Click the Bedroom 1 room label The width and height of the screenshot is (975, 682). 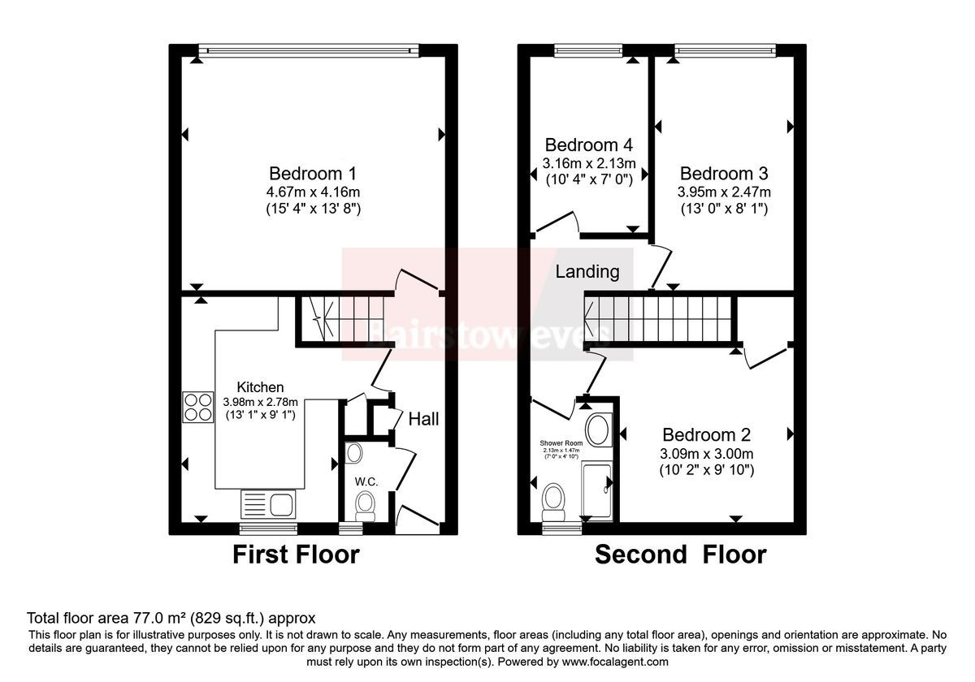[x=313, y=173]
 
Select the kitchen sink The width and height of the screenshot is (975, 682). [x=268, y=504]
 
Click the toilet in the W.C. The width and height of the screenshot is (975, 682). [x=366, y=505]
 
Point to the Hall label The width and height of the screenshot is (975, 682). [x=423, y=420]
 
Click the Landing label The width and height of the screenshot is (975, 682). [x=587, y=272]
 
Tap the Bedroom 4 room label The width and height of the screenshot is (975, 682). [x=588, y=145]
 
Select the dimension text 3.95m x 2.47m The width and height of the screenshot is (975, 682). [x=725, y=192]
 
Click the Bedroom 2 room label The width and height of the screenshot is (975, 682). [x=706, y=434]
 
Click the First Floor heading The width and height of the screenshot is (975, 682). [x=296, y=555]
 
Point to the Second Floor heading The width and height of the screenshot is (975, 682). [x=680, y=555]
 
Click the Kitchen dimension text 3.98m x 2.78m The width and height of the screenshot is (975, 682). [x=261, y=402]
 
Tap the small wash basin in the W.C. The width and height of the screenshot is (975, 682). [x=354, y=451]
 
